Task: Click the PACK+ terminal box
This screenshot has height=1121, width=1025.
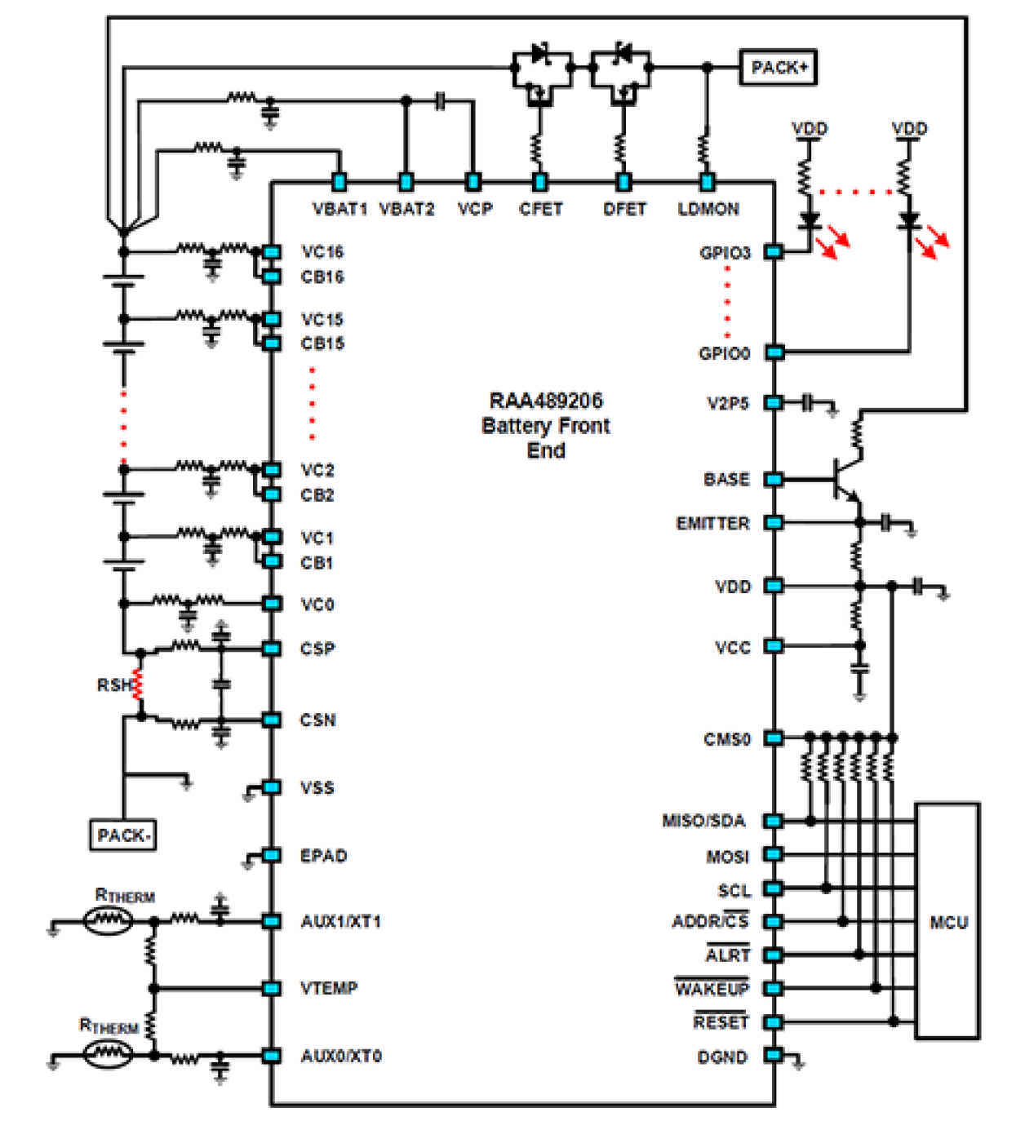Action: (778, 67)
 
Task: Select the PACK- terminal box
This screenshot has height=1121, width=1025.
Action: (122, 835)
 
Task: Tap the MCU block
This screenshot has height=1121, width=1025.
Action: (947, 921)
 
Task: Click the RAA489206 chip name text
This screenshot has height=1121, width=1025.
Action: (546, 401)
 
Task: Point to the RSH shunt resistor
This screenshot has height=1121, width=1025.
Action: (138, 685)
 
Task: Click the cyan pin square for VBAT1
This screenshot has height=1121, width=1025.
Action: (339, 182)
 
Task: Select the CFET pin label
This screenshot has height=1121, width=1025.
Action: (540, 209)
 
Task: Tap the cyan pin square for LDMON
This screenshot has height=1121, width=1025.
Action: (707, 182)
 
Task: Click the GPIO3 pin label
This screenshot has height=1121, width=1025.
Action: (724, 253)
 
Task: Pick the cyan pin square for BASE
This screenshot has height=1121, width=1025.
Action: (774, 479)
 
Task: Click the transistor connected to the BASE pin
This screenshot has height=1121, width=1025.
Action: (845, 480)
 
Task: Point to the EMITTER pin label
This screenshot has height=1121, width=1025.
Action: (712, 523)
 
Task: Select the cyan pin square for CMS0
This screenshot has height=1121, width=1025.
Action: (774, 738)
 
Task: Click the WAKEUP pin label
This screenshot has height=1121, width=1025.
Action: (712, 989)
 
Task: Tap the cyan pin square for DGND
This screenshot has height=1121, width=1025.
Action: (774, 1056)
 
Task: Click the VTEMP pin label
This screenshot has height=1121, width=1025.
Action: (329, 988)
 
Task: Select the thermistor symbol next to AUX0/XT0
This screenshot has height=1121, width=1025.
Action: (108, 1054)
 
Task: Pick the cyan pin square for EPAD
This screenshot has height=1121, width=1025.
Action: (272, 855)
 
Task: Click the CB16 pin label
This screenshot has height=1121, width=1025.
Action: (322, 277)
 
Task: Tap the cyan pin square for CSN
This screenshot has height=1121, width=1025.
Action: (272, 720)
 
